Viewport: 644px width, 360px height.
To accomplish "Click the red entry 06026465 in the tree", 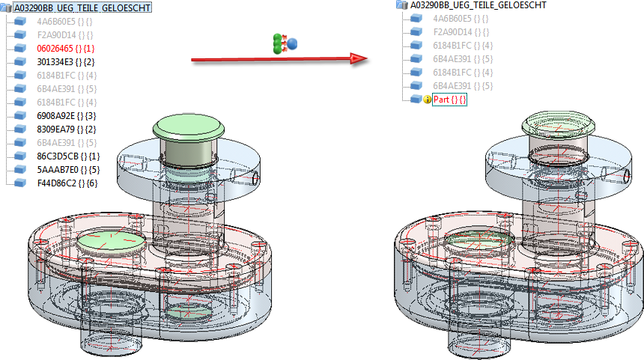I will tap(64, 48).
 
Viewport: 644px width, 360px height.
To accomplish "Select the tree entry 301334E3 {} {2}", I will tap(65, 61).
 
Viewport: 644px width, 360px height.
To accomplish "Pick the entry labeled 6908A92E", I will tap(65, 115).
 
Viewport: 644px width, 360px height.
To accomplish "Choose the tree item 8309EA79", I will tap(65, 129).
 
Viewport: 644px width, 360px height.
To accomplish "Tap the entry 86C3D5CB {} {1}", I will tap(67, 156).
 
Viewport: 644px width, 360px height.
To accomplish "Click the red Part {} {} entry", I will tap(449, 100).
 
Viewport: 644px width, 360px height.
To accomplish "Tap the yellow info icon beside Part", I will tap(428, 100).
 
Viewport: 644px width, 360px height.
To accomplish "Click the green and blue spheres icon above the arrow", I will tap(285, 43).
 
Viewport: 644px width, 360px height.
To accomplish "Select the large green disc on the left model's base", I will tap(110, 244).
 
